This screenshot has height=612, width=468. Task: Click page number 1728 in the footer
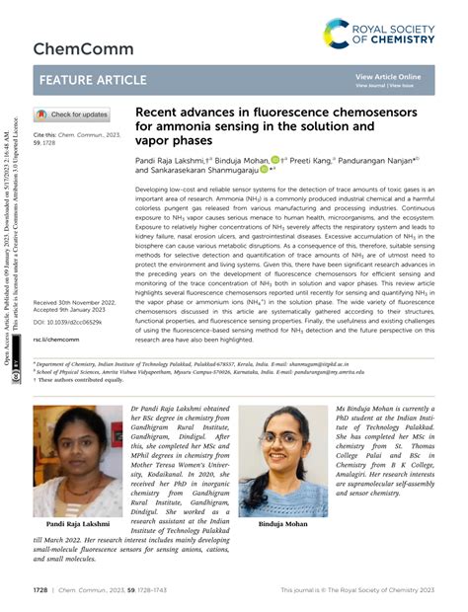40,590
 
